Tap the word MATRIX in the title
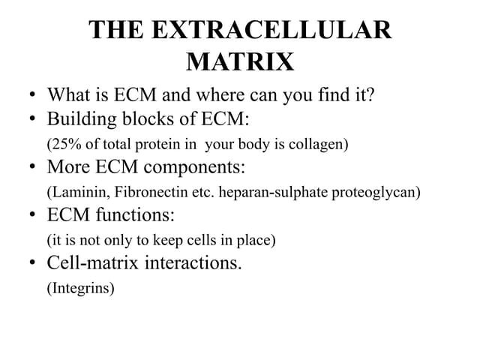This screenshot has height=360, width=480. pyautogui.click(x=240, y=61)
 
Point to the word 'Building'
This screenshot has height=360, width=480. pyautogui.click(x=78, y=119)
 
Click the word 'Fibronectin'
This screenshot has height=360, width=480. pyautogui.click(x=150, y=192)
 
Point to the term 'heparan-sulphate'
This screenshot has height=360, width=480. pyautogui.click(x=274, y=192)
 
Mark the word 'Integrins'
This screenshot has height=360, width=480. pyautogui.click(x=81, y=288)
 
